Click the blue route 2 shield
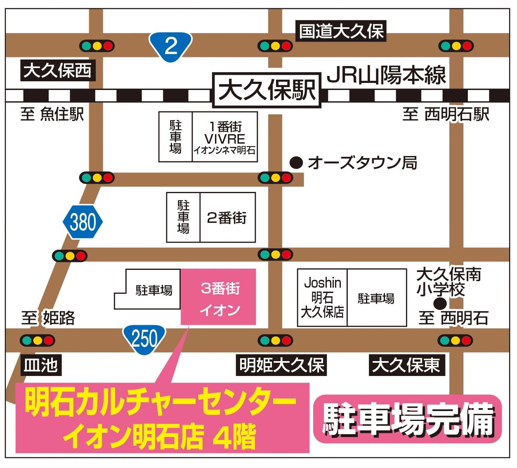[x=170, y=46]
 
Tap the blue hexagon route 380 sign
[x=83, y=222]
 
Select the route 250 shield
[x=144, y=339]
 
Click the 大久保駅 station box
[x=267, y=90]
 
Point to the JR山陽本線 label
[x=386, y=75]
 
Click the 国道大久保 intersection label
[x=341, y=31]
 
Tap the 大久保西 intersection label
[x=58, y=71]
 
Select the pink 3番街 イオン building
[x=219, y=297]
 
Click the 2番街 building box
[x=227, y=217]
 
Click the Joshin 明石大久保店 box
[x=322, y=298]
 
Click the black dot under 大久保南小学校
[x=440, y=304]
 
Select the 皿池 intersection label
[x=40, y=365]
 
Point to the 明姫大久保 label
[x=281, y=365]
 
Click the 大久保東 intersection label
[x=406, y=365]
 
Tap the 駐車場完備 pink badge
[x=408, y=419]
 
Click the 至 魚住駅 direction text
[x=52, y=114]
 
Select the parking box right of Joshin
[x=377, y=298]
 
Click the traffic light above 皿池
[x=38, y=341]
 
